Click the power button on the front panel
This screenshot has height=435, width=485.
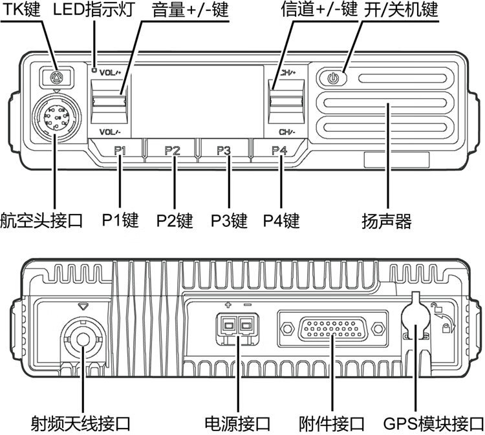tap(332, 78)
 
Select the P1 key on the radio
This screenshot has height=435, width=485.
tap(120, 150)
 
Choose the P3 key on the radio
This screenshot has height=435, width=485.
tap(224, 150)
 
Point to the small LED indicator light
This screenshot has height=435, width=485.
tap(94, 70)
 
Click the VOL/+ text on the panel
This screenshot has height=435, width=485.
tap(111, 73)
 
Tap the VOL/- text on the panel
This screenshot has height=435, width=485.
tap(110, 132)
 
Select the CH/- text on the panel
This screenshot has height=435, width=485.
tap(287, 132)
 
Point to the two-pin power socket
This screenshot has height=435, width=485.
tap(237, 326)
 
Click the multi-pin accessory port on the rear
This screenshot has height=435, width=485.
tap(332, 328)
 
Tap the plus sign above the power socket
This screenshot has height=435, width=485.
tap(228, 305)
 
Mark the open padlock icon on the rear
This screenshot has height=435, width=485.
tap(436, 307)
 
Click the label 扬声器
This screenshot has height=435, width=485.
tap(387, 221)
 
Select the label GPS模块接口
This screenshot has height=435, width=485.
tap(433, 424)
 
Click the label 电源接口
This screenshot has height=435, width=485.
tap(237, 424)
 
